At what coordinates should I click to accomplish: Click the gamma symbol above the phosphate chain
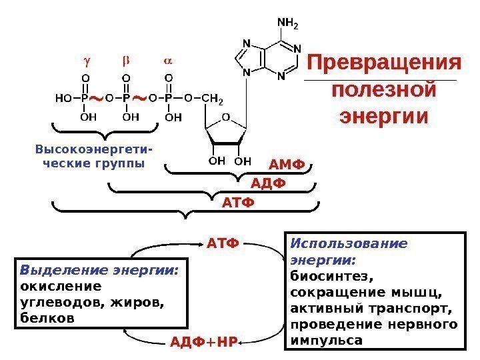point(85,61)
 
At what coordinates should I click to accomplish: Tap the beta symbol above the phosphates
point(125,61)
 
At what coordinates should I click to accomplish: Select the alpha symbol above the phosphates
point(167,61)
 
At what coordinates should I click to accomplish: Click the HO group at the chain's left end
point(63,99)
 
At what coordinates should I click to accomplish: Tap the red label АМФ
point(286,165)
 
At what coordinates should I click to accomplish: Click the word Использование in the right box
point(349,243)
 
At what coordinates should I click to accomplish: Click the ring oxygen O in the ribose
point(225,117)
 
